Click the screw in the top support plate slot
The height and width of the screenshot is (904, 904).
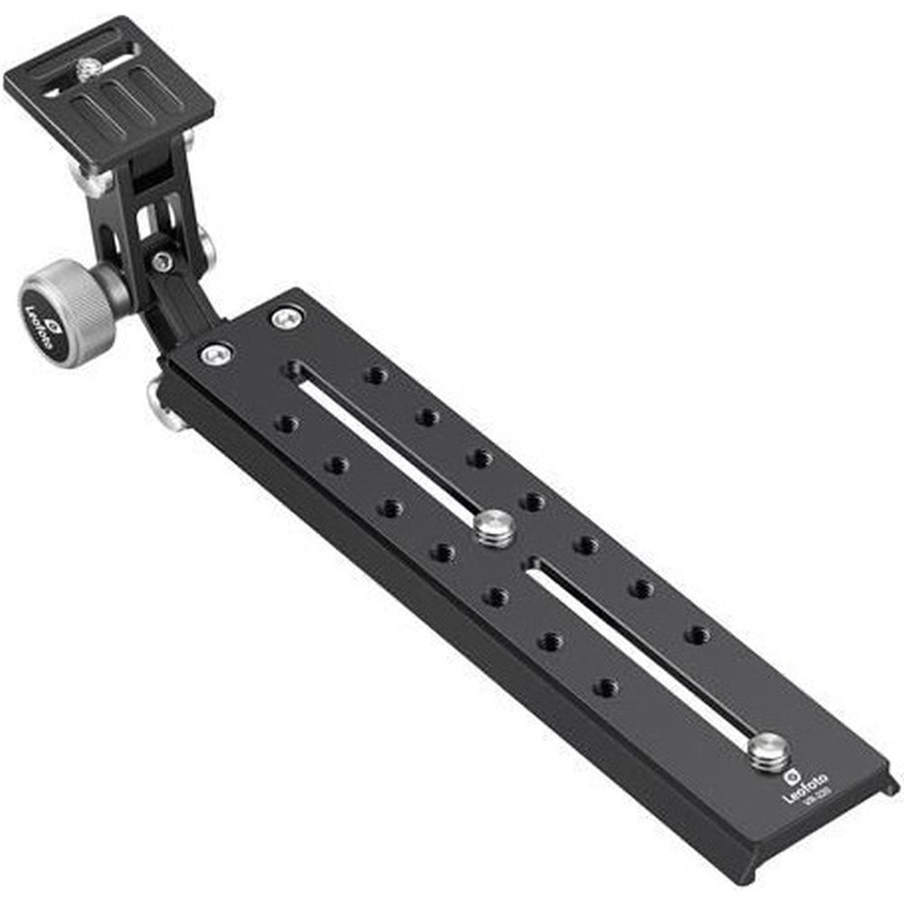tap(88, 69)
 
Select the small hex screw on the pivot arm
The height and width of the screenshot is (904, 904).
tap(161, 262)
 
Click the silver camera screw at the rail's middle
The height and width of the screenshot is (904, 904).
tap(494, 528)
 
